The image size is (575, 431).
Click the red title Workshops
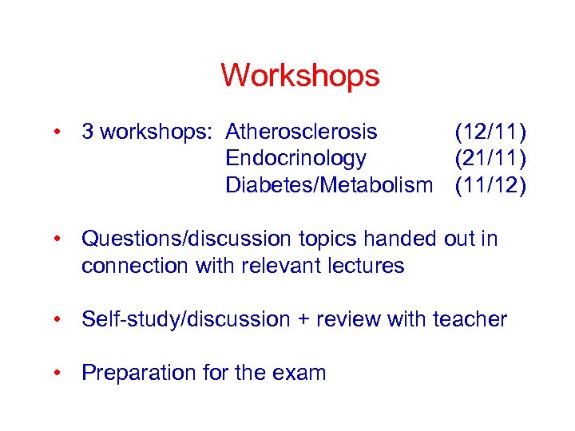[299, 77]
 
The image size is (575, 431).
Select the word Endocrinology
[296, 158]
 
